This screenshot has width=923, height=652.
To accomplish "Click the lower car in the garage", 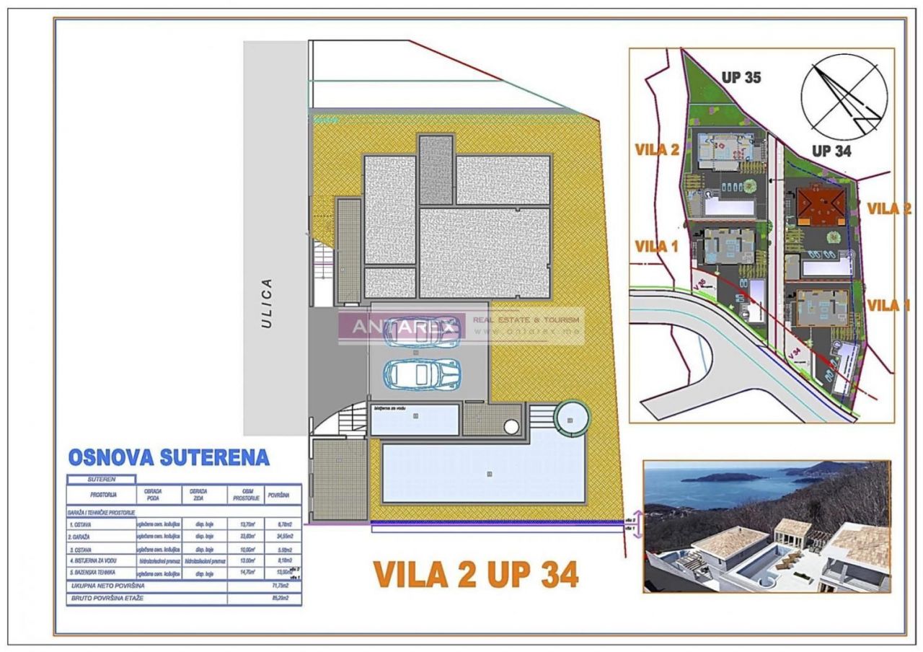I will [422, 374].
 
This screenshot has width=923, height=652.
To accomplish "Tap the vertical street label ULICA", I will [267, 303].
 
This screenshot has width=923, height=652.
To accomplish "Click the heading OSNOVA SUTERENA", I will [169, 457].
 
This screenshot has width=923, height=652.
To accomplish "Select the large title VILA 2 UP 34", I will [476, 574].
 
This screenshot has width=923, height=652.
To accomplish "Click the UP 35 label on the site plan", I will [741, 77].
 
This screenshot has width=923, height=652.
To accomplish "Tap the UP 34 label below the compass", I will [831, 151].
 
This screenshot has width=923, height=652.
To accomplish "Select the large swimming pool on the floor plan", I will [483, 473].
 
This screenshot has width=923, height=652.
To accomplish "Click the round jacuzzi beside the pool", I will [571, 418].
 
